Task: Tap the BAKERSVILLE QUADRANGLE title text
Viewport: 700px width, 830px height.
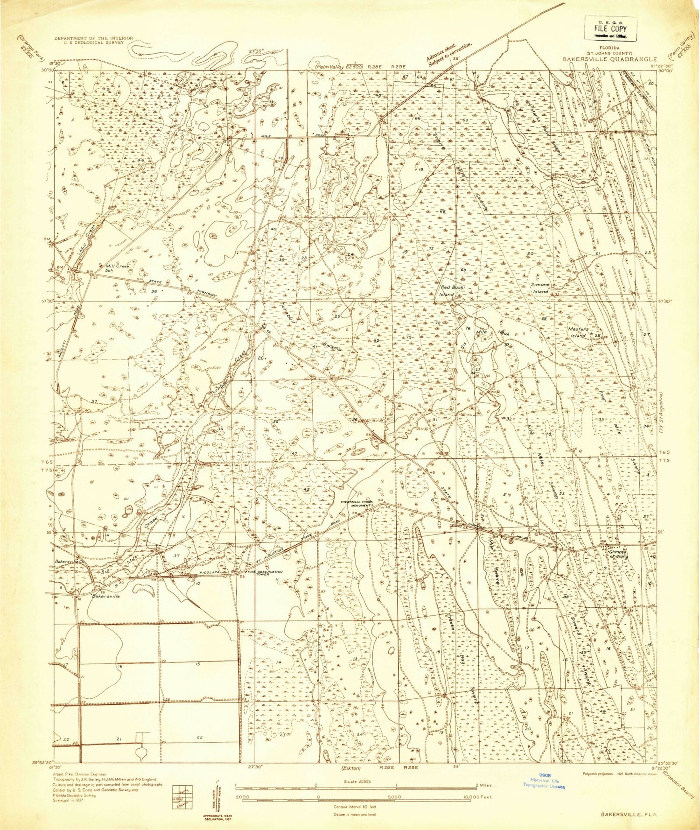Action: (x=609, y=59)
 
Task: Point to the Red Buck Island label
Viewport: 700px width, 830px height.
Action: (x=451, y=291)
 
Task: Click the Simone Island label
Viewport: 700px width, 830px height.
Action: (x=539, y=288)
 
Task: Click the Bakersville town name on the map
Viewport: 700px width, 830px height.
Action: (x=106, y=596)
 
